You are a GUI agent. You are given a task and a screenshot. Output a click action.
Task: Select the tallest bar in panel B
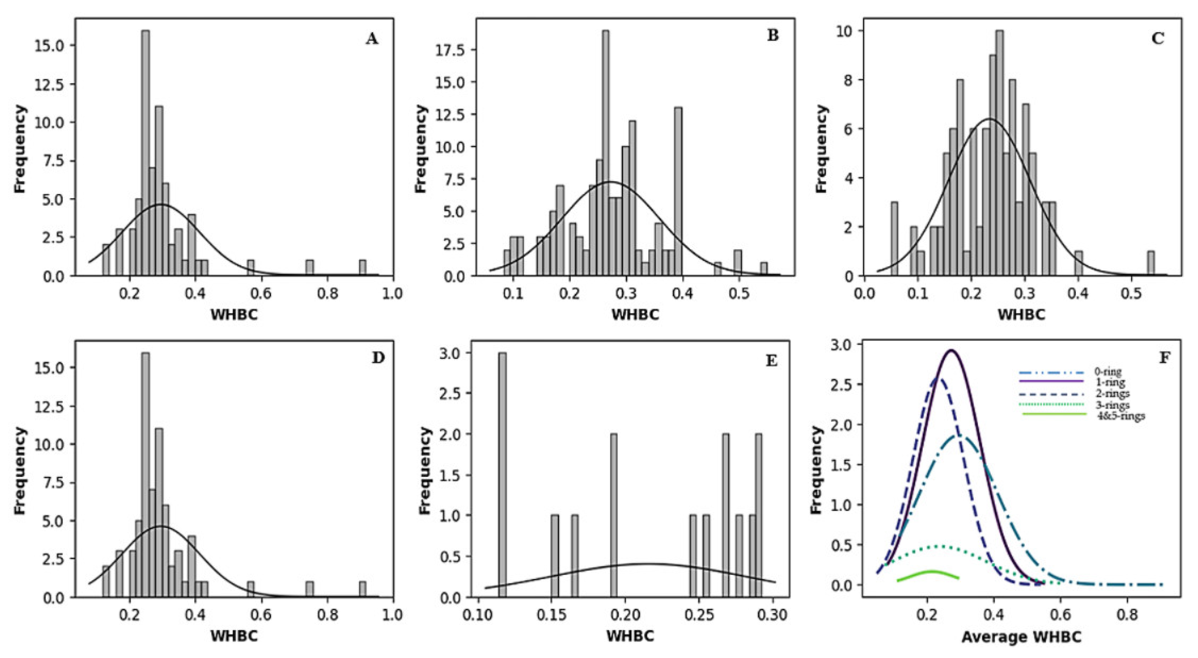click(x=605, y=154)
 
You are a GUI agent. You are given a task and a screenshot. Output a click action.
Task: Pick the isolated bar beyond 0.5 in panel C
click(x=1151, y=264)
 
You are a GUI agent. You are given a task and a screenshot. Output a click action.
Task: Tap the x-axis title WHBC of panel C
click(x=1021, y=315)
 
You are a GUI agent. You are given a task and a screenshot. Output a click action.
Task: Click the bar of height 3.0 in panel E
click(x=502, y=475)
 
